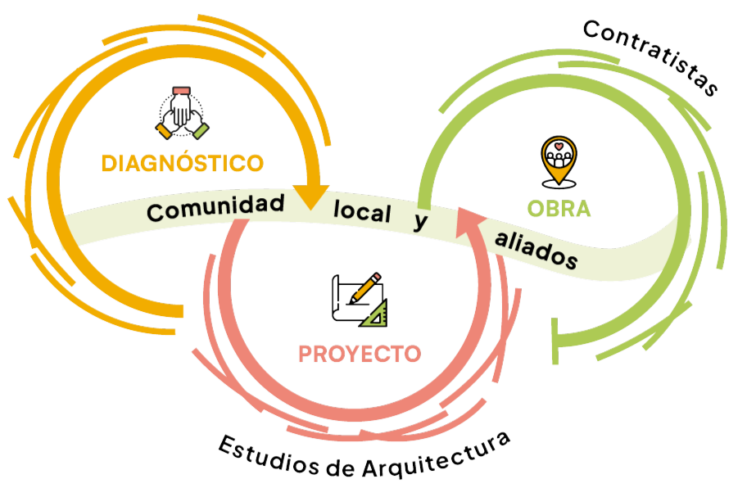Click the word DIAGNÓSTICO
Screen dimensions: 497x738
coord(182,162)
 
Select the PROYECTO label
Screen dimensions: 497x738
coord(360,354)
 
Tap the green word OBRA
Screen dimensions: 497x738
coord(559,209)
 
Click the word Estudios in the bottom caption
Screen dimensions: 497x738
coord(257,457)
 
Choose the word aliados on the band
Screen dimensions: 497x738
coord(537,251)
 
